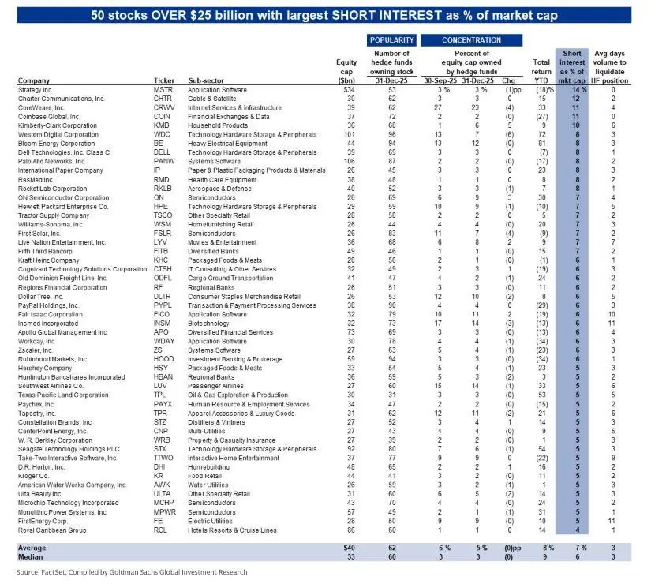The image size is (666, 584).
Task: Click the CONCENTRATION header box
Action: click(x=471, y=39)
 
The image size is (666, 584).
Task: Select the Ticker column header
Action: click(x=163, y=80)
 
